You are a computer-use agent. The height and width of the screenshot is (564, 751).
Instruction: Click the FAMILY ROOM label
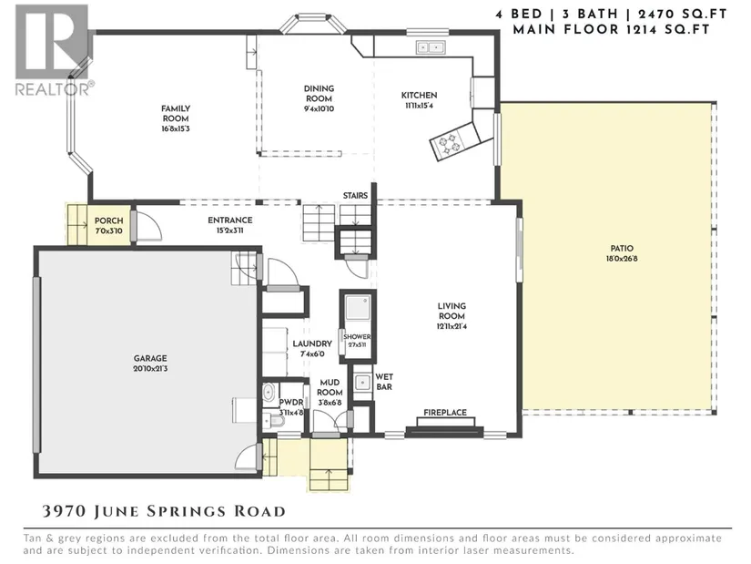pos(176,114)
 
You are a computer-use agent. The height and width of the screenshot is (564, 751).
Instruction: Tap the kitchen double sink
pos(430,47)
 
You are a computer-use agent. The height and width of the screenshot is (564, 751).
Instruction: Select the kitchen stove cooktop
pos(450,143)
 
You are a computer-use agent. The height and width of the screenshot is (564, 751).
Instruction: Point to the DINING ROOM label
pos(319,94)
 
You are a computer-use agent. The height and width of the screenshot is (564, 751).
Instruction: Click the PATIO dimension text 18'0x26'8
pos(622,259)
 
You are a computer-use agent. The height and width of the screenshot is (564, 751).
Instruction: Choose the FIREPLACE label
pos(445,413)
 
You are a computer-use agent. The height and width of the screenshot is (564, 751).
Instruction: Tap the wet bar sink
pos(362,383)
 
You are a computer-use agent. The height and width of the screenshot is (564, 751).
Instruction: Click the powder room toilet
pos(274,422)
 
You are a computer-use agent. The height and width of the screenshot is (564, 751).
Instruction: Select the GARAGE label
pos(150,358)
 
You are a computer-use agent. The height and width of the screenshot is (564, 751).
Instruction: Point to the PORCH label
pos(108,220)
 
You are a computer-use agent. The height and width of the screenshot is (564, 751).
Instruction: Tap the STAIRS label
pos(355,196)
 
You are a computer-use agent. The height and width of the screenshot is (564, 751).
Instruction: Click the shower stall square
pos(358,308)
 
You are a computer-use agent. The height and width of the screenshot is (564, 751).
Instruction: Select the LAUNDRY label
pos(312,344)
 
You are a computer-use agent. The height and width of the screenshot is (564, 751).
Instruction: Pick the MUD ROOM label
pos(330,387)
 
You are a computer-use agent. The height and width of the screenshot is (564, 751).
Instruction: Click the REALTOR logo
pos(53,50)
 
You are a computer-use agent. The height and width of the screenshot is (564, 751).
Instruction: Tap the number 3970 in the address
pos(65,511)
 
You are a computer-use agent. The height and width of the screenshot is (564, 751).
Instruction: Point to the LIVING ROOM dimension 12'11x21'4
pos(452,326)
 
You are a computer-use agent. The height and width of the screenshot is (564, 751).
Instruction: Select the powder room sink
pos(269,392)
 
